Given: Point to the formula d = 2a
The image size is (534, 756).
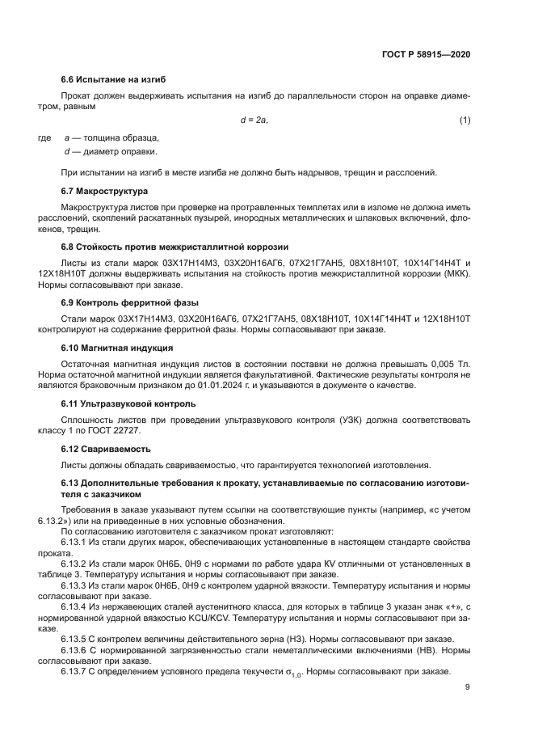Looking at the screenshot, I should point(254,120).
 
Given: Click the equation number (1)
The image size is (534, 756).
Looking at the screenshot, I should point(465,120).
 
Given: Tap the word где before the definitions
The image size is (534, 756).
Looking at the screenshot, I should point(46,138).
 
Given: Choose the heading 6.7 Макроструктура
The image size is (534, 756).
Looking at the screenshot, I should point(104,192).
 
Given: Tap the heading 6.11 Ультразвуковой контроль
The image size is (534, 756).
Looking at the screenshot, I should point(128,403).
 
